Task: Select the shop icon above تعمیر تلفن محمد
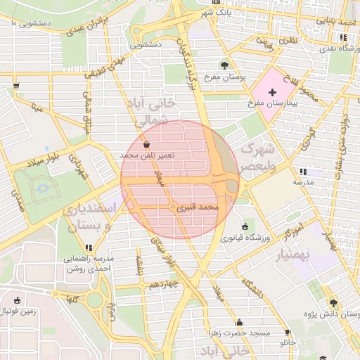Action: (146, 144)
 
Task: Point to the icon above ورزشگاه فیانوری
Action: (245, 226)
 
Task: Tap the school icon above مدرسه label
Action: (302, 172)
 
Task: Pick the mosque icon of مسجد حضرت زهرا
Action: (239, 322)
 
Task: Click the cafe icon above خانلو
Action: (287, 332)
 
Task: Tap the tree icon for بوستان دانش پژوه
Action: (333, 303)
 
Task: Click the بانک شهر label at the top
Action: (215, 13)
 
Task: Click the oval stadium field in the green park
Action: (42, 187)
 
